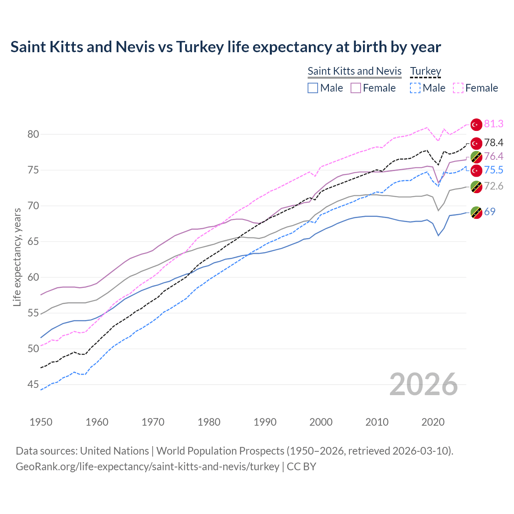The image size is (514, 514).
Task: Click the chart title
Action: [226, 47]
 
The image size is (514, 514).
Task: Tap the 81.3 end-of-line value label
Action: [494, 124]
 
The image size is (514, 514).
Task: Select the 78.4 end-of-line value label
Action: [494, 143]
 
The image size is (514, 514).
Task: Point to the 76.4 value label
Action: [494, 156]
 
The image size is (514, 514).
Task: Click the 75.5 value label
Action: [494, 170]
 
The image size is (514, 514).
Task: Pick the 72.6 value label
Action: [494, 186]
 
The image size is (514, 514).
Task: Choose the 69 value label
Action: [490, 212]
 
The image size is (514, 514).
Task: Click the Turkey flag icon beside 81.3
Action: [476, 125]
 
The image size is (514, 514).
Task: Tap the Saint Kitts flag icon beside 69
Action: [476, 212]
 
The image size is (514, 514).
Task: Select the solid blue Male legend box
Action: [313, 88]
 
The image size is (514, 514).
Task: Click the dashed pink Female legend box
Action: [458, 88]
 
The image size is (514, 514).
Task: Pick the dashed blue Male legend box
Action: [415, 88]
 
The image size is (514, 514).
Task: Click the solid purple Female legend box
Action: [356, 88]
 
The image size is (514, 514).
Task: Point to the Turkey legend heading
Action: [425, 71]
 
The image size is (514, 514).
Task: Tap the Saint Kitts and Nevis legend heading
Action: [354, 71]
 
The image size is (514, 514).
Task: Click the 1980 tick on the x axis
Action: [209, 422]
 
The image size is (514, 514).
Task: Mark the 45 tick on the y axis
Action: [33, 385]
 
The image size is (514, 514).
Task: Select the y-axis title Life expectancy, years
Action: [17, 257]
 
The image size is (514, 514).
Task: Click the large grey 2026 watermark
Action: [423, 385]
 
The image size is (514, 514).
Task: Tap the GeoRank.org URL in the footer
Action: [147, 467]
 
